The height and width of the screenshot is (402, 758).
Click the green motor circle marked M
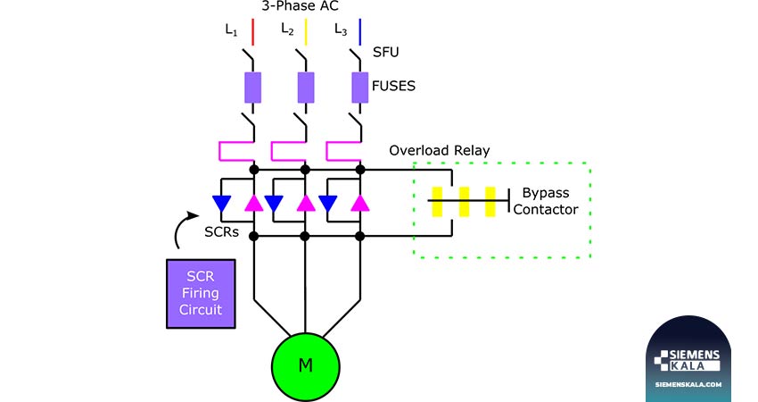[x=306, y=367]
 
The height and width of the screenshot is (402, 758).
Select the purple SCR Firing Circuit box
[x=201, y=294]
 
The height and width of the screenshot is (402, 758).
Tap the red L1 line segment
[x=252, y=32]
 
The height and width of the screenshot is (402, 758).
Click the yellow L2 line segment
[x=306, y=32]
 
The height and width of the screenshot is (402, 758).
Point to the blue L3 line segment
[x=359, y=32]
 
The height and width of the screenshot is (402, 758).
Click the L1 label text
[x=231, y=30]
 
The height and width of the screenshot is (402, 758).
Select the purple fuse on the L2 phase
[x=306, y=88]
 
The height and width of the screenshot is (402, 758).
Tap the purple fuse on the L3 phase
[x=359, y=88]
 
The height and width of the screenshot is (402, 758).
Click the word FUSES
[x=393, y=87]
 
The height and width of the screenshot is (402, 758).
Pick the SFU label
[x=386, y=53]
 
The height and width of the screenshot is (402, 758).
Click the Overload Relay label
[x=440, y=151]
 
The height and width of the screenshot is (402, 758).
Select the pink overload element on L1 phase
[x=236, y=151]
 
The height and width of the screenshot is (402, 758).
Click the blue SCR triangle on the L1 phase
[x=222, y=204]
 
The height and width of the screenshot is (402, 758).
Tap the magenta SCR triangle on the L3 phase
[x=360, y=204]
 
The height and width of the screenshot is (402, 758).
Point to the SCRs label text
[x=221, y=232]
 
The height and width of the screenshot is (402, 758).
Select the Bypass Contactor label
[x=546, y=201]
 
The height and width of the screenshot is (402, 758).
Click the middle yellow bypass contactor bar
[x=464, y=202]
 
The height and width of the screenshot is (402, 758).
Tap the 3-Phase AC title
[x=301, y=6]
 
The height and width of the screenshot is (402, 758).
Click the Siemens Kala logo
[x=688, y=360]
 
